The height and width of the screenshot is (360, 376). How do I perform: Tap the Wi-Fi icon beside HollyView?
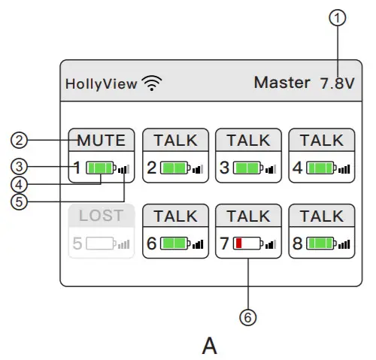153,83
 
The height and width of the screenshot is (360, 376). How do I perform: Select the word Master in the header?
281,83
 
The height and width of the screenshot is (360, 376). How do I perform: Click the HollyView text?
101,84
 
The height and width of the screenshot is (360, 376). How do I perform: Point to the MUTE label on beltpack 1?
101,141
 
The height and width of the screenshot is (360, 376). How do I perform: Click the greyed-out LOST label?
101,216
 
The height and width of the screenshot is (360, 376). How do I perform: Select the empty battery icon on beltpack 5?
99,244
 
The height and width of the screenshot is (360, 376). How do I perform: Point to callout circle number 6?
248,317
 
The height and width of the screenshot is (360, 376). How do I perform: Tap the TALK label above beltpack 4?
322,141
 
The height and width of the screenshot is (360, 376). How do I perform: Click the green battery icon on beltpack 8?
320,244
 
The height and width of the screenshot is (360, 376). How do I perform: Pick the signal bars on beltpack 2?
198,168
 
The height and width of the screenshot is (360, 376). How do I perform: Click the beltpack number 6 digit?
151,244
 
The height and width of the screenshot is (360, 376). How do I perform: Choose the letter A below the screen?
210,346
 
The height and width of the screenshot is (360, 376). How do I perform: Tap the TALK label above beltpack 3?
248,141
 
